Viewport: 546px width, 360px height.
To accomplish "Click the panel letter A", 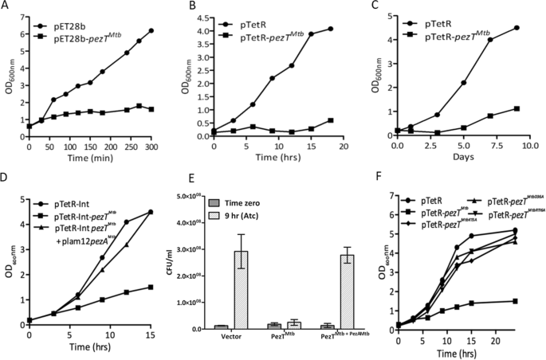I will click(x=7, y=6).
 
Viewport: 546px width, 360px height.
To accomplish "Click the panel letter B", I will click(x=194, y=6).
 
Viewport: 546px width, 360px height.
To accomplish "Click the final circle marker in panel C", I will click(x=519, y=28).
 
